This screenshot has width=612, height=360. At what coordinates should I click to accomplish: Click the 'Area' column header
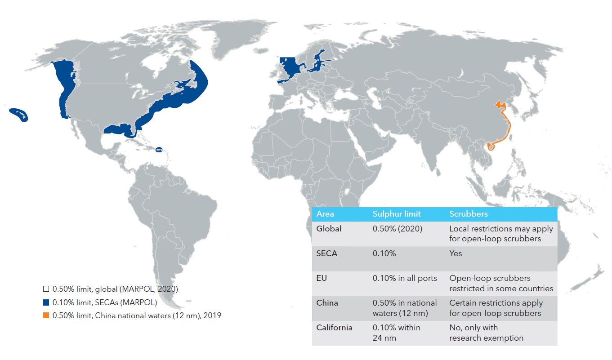pos(325,214)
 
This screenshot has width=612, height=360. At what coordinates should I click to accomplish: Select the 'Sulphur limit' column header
pos(396,214)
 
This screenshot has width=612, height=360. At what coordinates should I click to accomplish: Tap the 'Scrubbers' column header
pos(468,214)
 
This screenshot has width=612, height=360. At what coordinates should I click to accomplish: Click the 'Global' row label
pos(329,229)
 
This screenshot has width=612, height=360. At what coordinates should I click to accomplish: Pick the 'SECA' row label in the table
pos(327,253)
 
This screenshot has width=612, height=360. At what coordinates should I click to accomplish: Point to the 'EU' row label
pos(322,278)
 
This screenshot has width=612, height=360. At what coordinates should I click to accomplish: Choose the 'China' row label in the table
pos(327,303)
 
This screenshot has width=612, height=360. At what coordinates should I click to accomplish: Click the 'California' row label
pos(334,328)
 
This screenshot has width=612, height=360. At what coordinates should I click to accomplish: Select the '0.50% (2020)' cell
pos(397,229)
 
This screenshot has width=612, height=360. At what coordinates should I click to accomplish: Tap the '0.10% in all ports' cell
pos(404,278)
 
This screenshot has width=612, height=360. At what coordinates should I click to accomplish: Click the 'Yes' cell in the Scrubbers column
pos(456,253)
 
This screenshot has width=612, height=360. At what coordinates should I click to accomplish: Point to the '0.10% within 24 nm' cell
pos(396,333)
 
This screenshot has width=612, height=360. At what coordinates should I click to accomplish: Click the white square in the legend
pos(46,289)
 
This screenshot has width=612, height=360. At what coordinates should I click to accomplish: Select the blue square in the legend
pos(46,302)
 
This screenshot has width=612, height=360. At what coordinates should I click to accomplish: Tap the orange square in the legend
pos(46,316)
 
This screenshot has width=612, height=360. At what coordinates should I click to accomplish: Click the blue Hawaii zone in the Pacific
pos(19,114)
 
